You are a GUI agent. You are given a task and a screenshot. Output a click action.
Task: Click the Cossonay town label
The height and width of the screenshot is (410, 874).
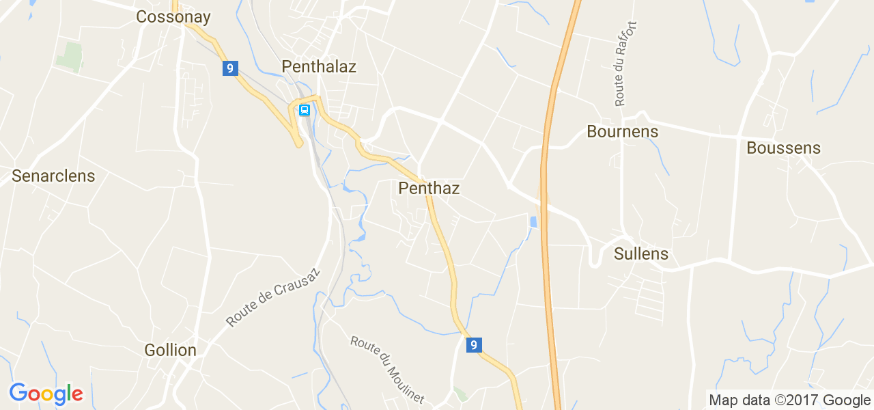173,17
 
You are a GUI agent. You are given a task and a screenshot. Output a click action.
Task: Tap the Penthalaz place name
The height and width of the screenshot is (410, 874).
319,66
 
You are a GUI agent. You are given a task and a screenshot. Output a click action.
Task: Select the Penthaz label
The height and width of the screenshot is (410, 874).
429,188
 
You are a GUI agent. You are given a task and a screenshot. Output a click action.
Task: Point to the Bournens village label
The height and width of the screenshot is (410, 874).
623,132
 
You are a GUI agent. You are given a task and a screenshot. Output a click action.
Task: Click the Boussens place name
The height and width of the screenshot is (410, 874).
783,148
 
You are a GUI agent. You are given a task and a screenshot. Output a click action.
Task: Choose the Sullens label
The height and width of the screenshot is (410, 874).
641,254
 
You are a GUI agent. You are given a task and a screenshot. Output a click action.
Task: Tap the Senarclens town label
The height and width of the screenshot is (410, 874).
53,176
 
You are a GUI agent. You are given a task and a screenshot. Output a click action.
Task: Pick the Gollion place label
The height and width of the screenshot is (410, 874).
171,350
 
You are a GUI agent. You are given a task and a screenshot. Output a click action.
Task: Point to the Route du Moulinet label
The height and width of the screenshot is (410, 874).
387,370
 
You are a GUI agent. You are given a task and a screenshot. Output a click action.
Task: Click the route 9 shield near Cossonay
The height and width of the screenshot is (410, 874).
230,68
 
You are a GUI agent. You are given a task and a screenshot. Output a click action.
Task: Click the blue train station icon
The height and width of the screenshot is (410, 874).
305,110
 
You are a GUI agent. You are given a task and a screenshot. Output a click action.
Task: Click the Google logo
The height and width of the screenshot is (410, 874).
46,394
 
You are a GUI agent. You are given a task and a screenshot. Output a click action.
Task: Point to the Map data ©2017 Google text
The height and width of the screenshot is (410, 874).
789,400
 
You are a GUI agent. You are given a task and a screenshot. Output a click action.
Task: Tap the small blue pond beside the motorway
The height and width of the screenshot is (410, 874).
533,221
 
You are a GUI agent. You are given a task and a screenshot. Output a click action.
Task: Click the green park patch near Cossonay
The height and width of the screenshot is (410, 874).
70,57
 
